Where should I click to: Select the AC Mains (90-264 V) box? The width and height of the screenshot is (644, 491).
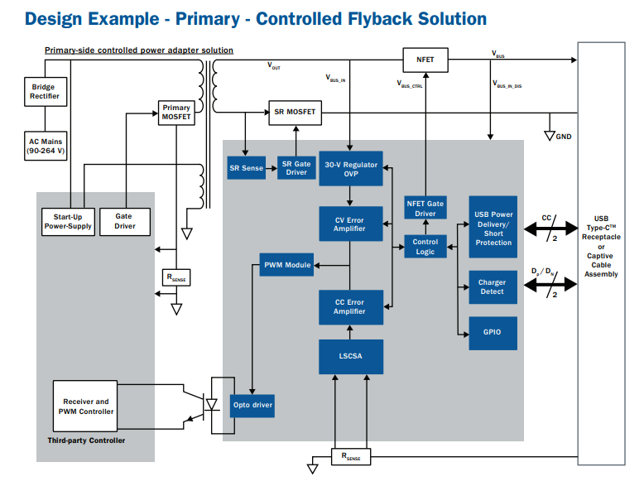pos(46,147)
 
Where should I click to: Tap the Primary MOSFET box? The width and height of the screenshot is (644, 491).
pos(175,112)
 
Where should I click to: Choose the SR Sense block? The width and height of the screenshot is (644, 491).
pos(246,168)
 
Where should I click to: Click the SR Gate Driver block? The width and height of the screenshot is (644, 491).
pos(296,168)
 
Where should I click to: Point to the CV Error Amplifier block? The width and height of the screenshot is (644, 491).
pos(351,223)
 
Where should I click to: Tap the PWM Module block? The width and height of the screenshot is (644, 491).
pos(286,265)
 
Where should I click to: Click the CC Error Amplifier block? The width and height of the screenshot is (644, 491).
pos(351,306)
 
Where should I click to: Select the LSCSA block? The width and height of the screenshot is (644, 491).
pos(351,356)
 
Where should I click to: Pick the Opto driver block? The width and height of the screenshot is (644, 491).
pos(252,405)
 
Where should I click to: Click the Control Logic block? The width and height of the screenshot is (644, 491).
pos(425,246)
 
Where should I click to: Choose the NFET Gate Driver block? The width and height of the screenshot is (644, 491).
pos(425,209)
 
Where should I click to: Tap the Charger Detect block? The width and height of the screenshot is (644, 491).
pos(493,287)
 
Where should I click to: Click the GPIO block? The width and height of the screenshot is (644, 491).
pos(493,332)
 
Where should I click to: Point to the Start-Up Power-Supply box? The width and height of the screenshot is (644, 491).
pos(67,221)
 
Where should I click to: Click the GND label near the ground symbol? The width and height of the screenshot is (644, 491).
pos(564,137)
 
